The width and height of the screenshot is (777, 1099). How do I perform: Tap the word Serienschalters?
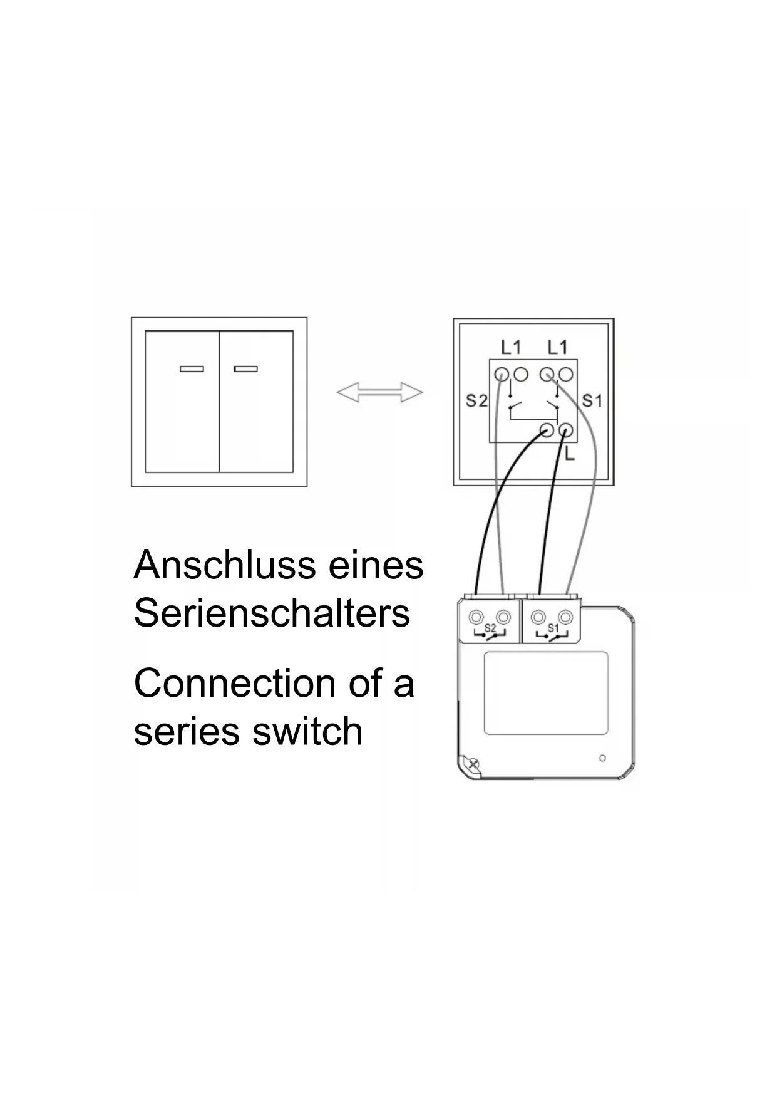272,613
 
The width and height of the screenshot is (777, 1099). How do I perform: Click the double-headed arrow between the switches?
379,393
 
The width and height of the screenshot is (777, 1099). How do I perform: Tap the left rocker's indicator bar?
192,369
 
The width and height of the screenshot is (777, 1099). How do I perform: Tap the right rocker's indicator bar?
246,369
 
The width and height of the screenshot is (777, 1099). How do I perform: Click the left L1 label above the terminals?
511,347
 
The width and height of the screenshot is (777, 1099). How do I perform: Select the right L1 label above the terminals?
557,347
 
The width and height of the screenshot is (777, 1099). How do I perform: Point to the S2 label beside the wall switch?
476,400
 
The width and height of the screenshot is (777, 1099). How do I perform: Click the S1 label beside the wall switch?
592,400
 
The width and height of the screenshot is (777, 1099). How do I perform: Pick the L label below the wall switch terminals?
569,456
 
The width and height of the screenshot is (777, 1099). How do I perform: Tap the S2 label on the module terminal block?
490,628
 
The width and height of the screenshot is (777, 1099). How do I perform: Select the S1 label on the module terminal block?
553,628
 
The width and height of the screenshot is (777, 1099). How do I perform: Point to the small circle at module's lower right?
602,758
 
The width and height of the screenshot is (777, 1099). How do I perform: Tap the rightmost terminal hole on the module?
566,617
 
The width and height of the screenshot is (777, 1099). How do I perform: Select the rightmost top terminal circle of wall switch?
566,375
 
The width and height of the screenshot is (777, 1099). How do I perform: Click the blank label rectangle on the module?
546,692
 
